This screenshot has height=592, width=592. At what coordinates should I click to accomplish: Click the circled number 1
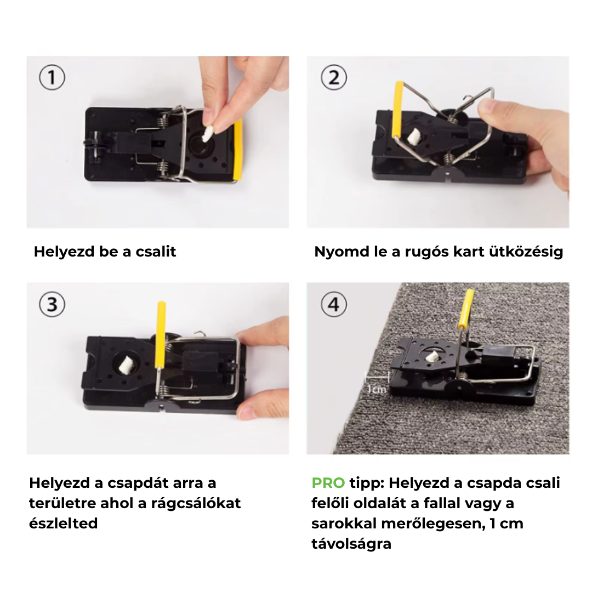point(52,77)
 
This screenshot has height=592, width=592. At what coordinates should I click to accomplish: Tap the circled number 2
point(334,77)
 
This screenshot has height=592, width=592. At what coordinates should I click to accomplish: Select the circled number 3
point(52,304)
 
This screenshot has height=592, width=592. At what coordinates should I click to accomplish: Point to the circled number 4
point(334,304)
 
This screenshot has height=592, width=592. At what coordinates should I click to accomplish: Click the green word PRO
point(328,482)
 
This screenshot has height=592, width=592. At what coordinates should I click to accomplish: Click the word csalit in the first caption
point(156,252)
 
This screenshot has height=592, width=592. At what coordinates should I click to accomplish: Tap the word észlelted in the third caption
point(64,523)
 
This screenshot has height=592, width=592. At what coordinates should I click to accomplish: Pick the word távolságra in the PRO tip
point(351,544)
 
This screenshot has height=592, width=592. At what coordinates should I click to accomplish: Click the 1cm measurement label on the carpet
point(377,389)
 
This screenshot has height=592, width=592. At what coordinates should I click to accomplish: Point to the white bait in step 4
point(431,357)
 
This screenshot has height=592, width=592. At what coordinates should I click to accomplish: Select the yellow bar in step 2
point(399,110)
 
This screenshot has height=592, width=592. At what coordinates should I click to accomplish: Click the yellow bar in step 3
point(161,335)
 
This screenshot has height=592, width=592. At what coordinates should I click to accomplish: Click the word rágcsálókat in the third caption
point(196,503)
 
